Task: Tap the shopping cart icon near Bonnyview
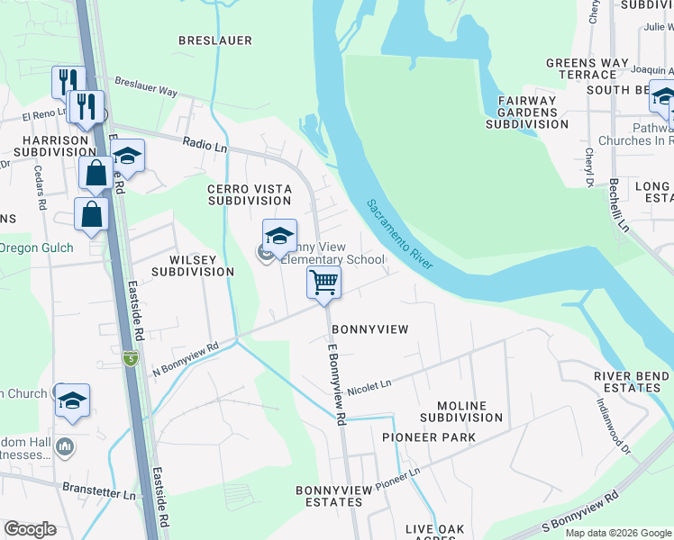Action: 323,281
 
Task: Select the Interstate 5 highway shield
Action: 131,359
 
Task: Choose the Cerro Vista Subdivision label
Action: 250,194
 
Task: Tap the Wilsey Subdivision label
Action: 192,265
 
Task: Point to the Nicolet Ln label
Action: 369,384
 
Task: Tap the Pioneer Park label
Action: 428,437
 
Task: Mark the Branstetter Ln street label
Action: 99,492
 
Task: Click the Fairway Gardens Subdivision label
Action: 527,112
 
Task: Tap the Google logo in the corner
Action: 31,529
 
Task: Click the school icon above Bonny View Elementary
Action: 279,236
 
